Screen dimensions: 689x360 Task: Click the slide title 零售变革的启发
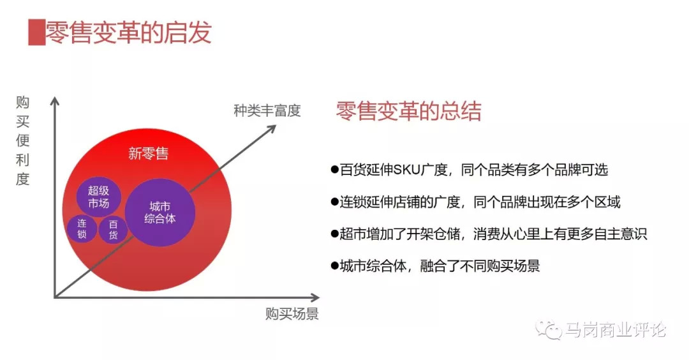128,33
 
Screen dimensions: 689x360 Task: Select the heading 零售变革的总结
408,112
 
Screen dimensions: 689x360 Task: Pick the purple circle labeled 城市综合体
159,213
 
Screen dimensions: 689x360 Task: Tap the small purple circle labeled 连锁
82,229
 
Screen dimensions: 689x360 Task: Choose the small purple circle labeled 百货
113,230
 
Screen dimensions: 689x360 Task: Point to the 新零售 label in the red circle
148,153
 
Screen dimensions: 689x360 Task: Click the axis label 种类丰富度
267,110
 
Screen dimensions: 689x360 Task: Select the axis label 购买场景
292,313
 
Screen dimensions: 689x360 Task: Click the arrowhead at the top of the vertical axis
56,101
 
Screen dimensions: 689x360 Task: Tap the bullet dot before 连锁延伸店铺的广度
334,202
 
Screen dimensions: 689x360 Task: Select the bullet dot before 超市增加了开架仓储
334,234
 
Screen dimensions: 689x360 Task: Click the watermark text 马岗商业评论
616,330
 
